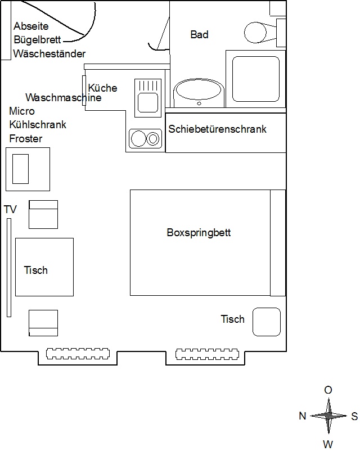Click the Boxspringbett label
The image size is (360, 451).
pos(199,232)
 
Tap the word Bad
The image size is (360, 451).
pos(199,35)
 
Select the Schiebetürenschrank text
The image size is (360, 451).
pos(217,129)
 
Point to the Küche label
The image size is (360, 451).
pos(103,88)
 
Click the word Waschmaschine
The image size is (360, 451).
pos(64,97)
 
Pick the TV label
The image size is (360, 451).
pos(10,210)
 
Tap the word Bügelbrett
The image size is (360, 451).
pos(38,40)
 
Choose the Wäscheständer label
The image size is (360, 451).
pos(49,54)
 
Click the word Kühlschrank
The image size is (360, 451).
pos(38,124)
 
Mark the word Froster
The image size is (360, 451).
pos(26,138)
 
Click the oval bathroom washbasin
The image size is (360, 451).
pos(199,92)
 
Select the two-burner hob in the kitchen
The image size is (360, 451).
pos(146,138)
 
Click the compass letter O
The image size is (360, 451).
pos(328,390)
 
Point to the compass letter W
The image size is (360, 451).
pos(328,444)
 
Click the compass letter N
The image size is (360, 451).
pos(302,416)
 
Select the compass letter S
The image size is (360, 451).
pos(354,416)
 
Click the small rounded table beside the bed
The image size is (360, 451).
pos(266,322)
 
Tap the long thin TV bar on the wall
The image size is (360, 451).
pos(9,267)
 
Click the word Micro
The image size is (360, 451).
pos(22,111)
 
